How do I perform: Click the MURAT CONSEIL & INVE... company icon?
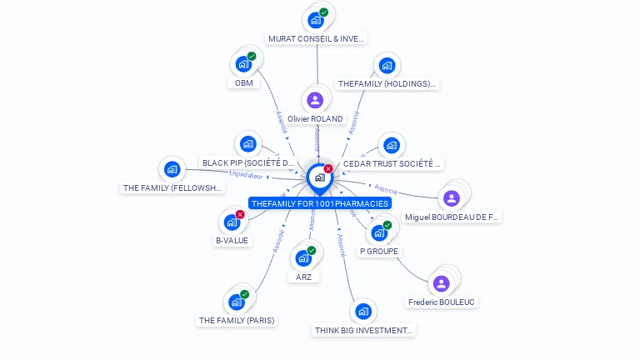pos(315,20)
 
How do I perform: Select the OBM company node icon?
pos(243,64)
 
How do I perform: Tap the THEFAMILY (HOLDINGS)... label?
pos(387,84)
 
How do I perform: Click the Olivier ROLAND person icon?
pos(315,100)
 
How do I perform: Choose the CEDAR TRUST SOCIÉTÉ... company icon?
pos(391,146)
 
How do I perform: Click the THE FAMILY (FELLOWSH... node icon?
pos(172,169)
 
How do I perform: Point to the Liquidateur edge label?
pos(246,176)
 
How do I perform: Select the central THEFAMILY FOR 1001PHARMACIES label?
pos(320,203)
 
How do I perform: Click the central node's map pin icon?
pos(319,177)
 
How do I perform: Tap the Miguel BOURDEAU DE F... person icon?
pos(451,198)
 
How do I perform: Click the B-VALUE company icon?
pos(231,222)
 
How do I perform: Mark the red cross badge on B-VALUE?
pos(240,214)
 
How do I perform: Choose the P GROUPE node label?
pos(379,251)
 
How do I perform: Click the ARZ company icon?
pos(303,258)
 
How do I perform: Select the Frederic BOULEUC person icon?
pos(442,283)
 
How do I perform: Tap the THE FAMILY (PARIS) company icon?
pos(236,302)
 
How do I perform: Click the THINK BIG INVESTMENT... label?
pos(363,330)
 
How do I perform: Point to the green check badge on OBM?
pos(252,56)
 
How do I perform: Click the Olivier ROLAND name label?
pos(315,119)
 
